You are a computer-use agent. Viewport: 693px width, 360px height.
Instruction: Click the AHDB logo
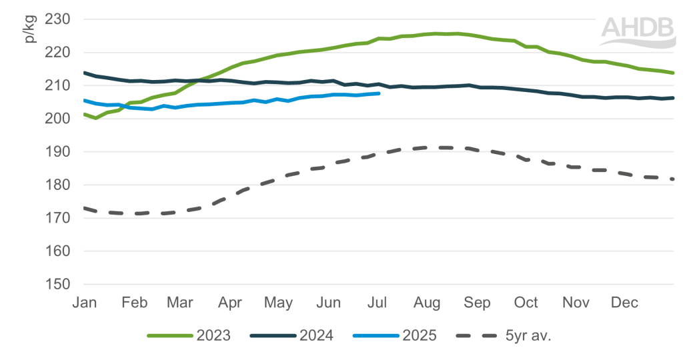pos(638,31)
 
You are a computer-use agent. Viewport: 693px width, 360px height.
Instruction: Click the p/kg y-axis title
pos(29,30)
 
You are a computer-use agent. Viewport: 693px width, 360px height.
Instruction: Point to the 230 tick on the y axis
pos(57,19)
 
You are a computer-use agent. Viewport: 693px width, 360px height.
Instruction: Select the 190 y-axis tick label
pos(57,152)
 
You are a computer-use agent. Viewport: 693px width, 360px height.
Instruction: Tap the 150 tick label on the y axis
pos(57,285)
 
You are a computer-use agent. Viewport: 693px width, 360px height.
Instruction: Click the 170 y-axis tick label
pos(57,218)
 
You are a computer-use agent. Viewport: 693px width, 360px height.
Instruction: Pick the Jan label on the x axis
pos(84,303)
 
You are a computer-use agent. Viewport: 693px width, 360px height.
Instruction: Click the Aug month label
pos(427,303)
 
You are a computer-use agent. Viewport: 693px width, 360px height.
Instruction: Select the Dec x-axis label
pos(625,303)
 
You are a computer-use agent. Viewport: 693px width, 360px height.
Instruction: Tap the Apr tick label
pos(229,303)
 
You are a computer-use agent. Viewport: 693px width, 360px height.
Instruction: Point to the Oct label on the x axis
pos(526,303)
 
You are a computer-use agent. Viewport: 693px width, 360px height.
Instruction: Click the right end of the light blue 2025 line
pos(379,94)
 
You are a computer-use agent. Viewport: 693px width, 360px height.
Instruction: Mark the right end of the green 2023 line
pos(673,73)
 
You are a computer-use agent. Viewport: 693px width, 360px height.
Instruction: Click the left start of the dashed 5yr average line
pos(84,209)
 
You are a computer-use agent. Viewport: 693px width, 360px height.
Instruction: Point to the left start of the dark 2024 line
pos(84,73)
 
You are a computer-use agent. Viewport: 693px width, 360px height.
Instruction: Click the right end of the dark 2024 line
pos(673,98)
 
